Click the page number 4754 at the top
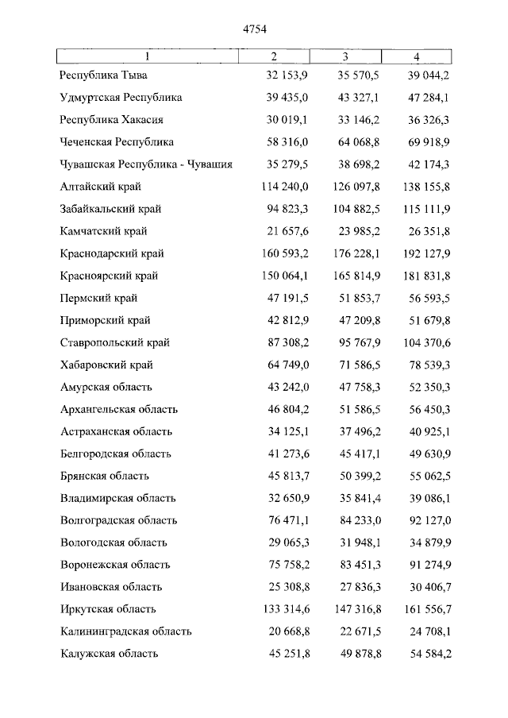point(254,30)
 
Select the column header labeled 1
point(147,56)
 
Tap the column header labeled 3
point(345,56)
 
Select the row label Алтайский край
point(101,187)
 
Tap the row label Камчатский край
point(103,231)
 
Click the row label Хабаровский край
point(106,365)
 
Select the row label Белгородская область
point(116,454)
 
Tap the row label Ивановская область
point(111,587)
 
